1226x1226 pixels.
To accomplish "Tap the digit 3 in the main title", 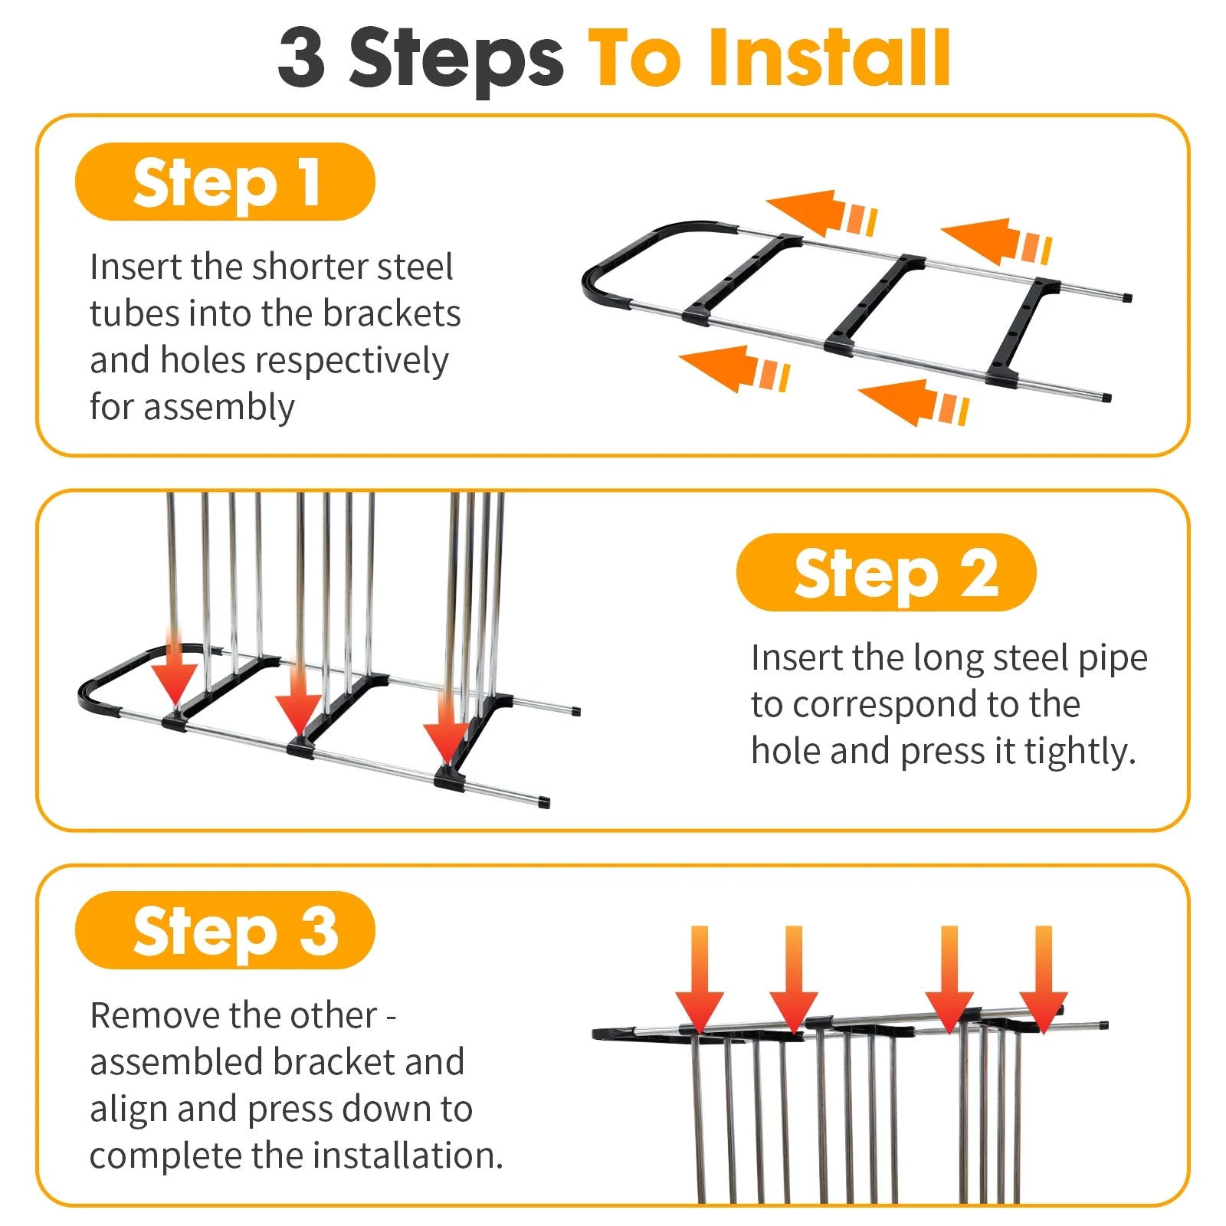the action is click(x=302, y=57).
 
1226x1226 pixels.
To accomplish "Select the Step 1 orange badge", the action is click(x=225, y=182).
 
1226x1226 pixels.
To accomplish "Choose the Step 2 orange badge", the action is click(x=886, y=572).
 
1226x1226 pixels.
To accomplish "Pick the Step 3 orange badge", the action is click(x=225, y=930).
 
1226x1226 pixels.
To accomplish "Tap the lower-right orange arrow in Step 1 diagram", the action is click(x=913, y=402).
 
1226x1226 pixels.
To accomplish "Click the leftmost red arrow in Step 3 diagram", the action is click(x=700, y=980).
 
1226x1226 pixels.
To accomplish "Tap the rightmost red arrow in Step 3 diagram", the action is click(x=1044, y=980).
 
